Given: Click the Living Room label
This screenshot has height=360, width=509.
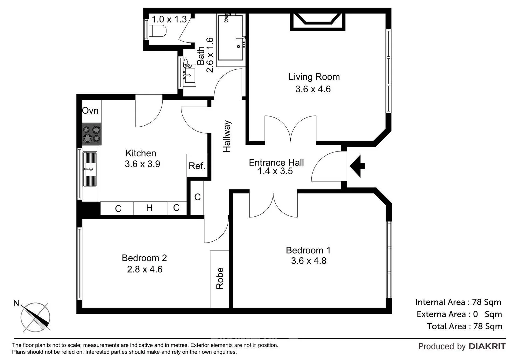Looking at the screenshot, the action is (314, 77).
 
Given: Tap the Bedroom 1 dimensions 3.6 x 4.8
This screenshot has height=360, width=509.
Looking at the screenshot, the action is (309, 261).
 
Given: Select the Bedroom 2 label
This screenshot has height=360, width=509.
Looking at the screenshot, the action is (144, 258).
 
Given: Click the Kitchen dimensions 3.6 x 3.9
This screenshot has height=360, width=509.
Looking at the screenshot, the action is (142, 164).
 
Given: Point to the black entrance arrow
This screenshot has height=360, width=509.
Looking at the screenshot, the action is (357, 166).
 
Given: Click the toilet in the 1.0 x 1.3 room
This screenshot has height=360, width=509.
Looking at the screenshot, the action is (158, 31).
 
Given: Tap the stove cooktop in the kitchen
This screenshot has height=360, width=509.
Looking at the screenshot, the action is (92, 134).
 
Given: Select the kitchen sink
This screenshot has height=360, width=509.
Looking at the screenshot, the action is (90, 169).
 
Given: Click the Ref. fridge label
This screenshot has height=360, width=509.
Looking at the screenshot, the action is (197, 166).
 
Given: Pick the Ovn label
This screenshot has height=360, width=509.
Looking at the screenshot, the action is (90, 111).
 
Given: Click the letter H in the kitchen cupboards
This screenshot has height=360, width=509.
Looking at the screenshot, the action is (149, 208).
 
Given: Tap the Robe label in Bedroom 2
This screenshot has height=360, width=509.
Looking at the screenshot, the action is (220, 278).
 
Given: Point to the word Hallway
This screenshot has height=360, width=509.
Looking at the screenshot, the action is (227, 136).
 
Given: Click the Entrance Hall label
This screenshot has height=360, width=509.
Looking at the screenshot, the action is (276, 162).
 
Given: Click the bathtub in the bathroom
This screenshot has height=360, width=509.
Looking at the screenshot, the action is (230, 38).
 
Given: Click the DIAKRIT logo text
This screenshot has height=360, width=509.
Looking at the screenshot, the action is (487, 346).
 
